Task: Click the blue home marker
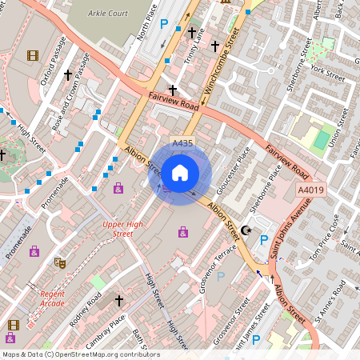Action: pos(180,172)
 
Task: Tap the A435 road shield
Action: pos(182,143)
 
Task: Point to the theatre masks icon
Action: pos(58,262)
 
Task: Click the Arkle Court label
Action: pos(108,14)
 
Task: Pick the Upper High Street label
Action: pos(118,229)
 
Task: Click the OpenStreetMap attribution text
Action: pos(80,354)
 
